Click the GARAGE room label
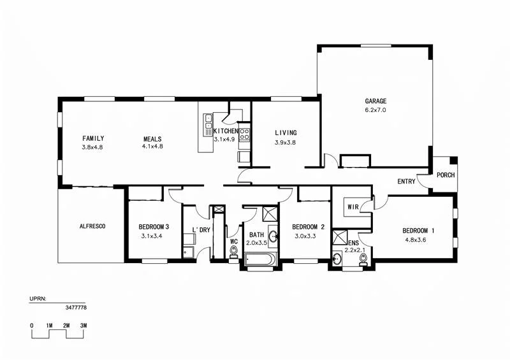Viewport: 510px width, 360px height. pos(375,101)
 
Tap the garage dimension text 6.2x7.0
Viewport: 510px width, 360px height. pos(375,110)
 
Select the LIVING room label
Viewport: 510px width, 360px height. pos(286,133)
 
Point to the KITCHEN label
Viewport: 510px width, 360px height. pos(225,131)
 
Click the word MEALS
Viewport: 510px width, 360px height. pos(152,138)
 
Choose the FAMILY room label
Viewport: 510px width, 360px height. pos(93,138)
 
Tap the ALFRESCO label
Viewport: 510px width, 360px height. pos(92,226)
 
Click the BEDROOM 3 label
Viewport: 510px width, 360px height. pos(154,226)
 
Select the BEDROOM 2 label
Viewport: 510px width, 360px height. pos(309,226)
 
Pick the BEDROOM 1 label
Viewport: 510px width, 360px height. pos(419,231)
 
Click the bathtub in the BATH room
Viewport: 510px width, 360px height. pos(260,260)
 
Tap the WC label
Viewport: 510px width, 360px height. pos(233,241)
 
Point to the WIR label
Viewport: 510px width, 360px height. pos(352,207)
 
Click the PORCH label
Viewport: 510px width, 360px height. pos(446,175)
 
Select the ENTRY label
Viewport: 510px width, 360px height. pos(406,182)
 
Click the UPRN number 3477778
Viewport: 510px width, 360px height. pos(76,307)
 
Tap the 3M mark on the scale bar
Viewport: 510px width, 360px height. pos(83,326)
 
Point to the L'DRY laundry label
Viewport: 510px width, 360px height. pos(201,230)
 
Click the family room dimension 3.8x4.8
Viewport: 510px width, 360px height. pos(92,147)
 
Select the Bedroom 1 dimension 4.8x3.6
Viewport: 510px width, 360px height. pos(418,240)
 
